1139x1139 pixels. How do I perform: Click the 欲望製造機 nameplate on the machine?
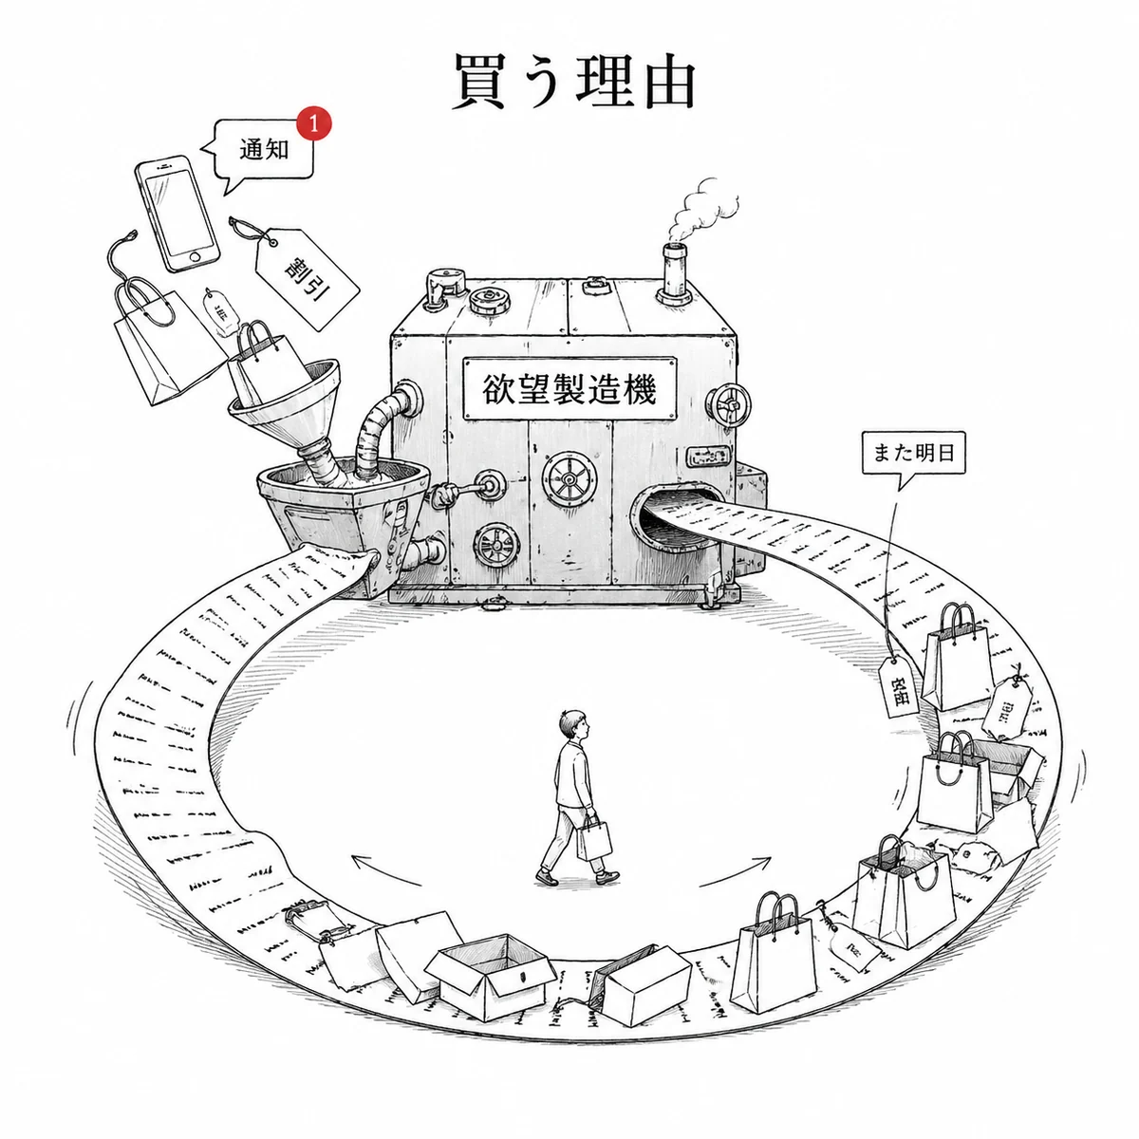click(569, 387)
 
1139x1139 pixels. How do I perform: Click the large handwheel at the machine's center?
click(569, 479)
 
